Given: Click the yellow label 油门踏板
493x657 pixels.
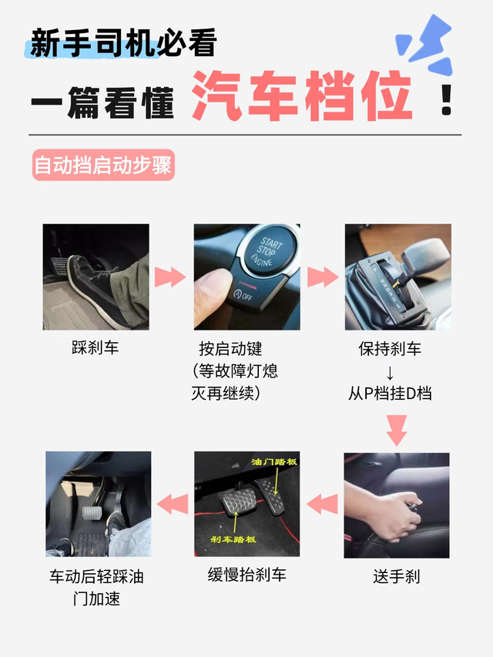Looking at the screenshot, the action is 274,461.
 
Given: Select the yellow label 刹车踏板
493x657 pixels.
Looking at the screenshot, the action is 233,539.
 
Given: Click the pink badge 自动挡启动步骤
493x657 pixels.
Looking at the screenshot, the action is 103,165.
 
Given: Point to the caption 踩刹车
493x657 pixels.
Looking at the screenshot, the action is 96,348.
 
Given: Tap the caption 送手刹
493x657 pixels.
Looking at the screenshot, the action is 396,576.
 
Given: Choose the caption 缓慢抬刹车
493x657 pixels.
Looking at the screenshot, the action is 247,575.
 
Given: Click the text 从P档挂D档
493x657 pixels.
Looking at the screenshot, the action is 390,394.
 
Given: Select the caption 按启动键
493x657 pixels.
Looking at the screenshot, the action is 231,349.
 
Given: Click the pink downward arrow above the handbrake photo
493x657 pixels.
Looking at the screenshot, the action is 397,431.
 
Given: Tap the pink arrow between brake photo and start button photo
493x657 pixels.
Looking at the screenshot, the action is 170,277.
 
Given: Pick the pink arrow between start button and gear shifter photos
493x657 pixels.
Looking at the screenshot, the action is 323,277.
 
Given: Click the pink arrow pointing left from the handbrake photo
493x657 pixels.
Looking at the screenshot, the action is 322,503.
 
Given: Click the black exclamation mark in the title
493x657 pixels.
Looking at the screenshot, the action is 447,99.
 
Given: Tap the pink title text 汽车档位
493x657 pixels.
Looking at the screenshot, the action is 302,96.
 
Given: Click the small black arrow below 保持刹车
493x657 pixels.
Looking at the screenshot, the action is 390,373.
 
